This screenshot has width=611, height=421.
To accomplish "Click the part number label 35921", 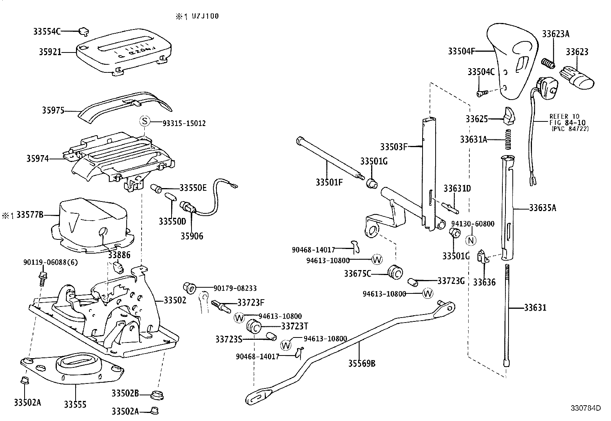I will (x=50, y=52).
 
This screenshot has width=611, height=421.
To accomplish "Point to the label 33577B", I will (x=29, y=215).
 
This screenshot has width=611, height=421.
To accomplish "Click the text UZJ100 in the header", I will (x=203, y=16).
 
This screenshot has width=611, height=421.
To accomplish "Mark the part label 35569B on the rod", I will (x=362, y=363).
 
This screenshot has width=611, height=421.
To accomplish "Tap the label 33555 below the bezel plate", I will (x=75, y=404).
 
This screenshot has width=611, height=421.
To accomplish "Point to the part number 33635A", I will (x=542, y=208).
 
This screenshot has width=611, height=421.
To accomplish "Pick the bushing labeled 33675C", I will (x=395, y=272).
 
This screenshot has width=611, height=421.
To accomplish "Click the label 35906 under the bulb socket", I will (x=192, y=236).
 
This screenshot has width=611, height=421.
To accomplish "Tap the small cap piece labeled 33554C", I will (x=84, y=30).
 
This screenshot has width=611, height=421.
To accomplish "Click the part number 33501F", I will (x=329, y=182).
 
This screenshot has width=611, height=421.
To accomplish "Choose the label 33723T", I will (x=294, y=326).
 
